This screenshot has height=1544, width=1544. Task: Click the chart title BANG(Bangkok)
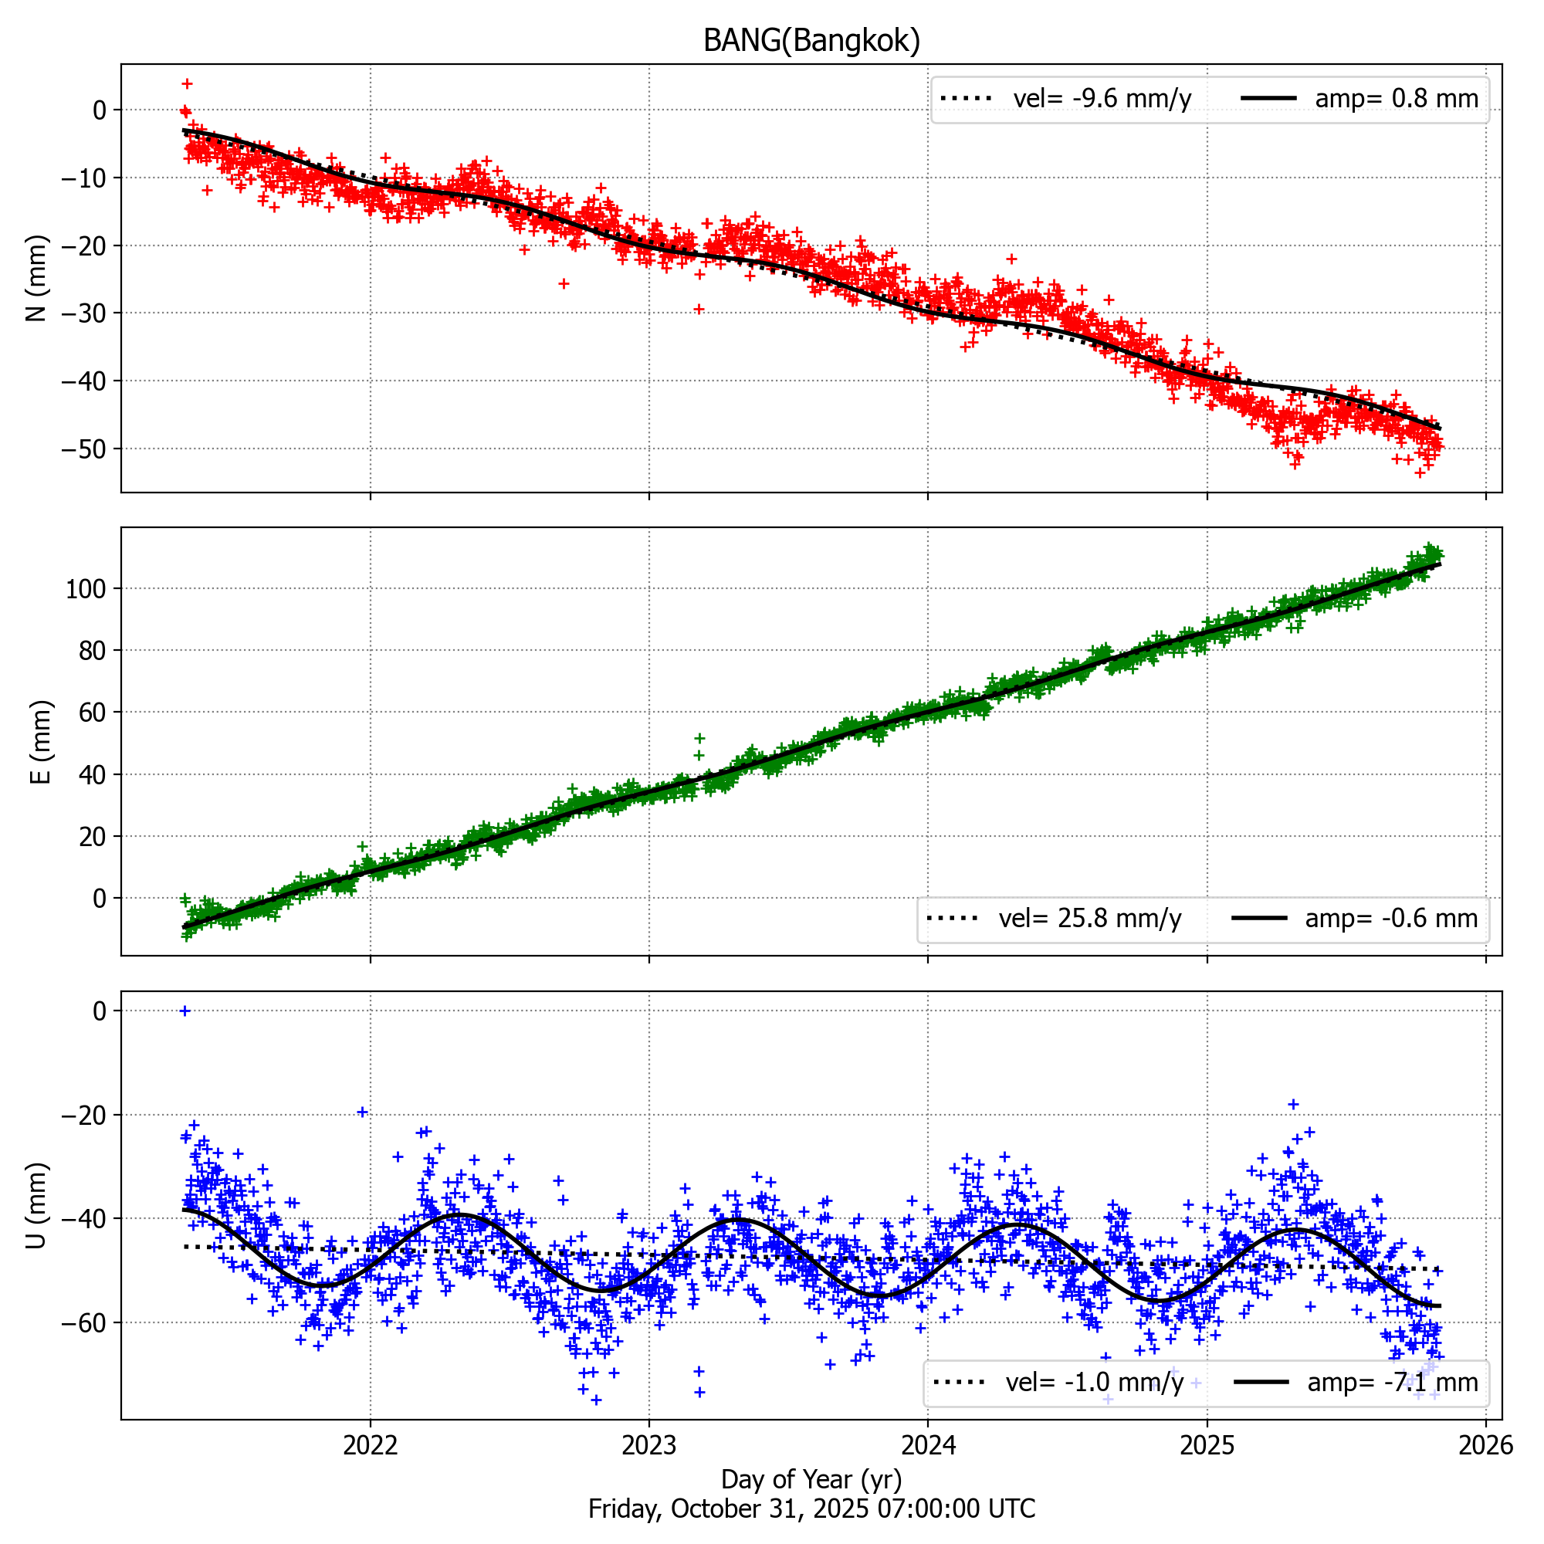(811, 40)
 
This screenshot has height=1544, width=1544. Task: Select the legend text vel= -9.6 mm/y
(1102, 99)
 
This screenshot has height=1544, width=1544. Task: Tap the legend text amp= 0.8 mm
(1396, 99)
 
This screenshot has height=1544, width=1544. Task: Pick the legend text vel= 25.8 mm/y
(1089, 918)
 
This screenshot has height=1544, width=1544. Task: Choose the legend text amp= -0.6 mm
(1390, 918)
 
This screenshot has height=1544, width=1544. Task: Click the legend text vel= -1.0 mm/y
(1094, 1382)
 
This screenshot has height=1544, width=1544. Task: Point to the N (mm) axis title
(37, 278)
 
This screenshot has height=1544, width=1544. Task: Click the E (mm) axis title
(40, 742)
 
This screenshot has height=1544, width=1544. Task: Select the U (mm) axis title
(37, 1205)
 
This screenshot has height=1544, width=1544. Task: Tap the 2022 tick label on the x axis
(370, 1445)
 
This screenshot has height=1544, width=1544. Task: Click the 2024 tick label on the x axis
(928, 1445)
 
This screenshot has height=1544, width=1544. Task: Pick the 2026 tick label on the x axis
(1485, 1445)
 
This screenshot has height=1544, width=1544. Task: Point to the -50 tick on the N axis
(84, 449)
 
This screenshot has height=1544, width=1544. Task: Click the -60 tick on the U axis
(84, 1322)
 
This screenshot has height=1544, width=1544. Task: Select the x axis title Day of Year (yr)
(811, 1479)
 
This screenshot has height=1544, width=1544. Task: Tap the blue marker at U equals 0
(185, 1011)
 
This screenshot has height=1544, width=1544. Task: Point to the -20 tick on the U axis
(84, 1115)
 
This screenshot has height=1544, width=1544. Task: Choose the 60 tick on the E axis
(93, 712)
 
